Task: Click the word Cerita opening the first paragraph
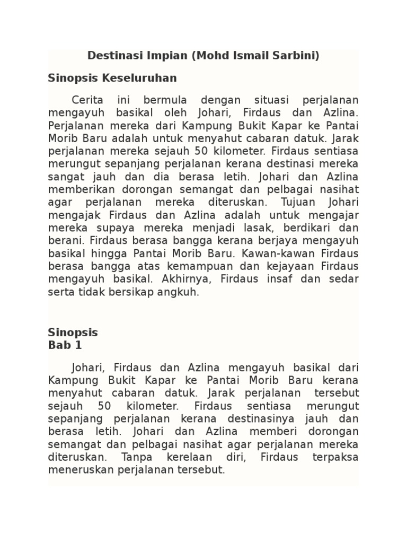pos(87,100)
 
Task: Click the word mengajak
pos(69,215)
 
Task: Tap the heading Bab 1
pos(65,345)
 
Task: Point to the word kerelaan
pos(194,457)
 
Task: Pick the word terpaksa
pos(335,457)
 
